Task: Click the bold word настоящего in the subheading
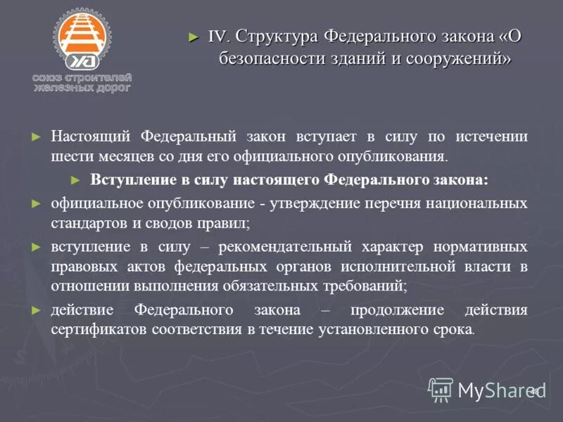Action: (x=271, y=179)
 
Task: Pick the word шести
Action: (x=69, y=155)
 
